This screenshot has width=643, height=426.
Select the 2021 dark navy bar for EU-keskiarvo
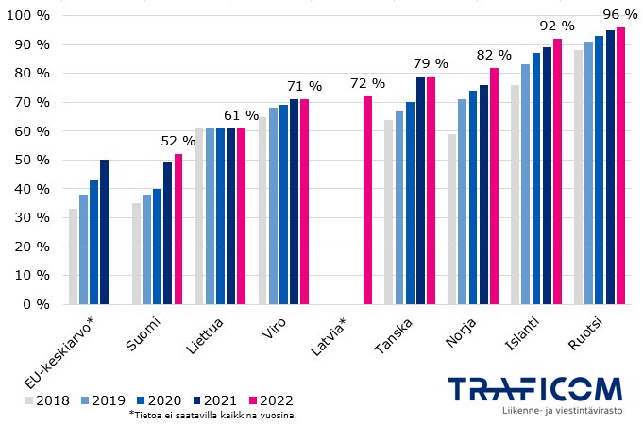104,232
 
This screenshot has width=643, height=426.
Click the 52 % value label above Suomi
178,142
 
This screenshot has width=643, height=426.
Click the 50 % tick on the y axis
30,160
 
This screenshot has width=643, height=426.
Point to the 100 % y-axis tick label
27,16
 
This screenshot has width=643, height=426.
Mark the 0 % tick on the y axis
34,304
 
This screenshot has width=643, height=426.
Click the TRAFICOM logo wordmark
533,389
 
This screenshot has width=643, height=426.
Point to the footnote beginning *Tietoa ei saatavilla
212,415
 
